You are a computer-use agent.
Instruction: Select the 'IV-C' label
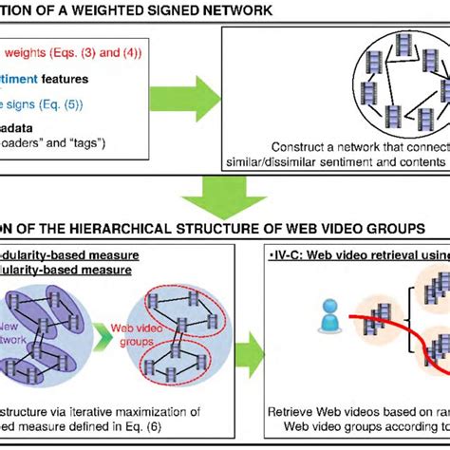tap(290, 254)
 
